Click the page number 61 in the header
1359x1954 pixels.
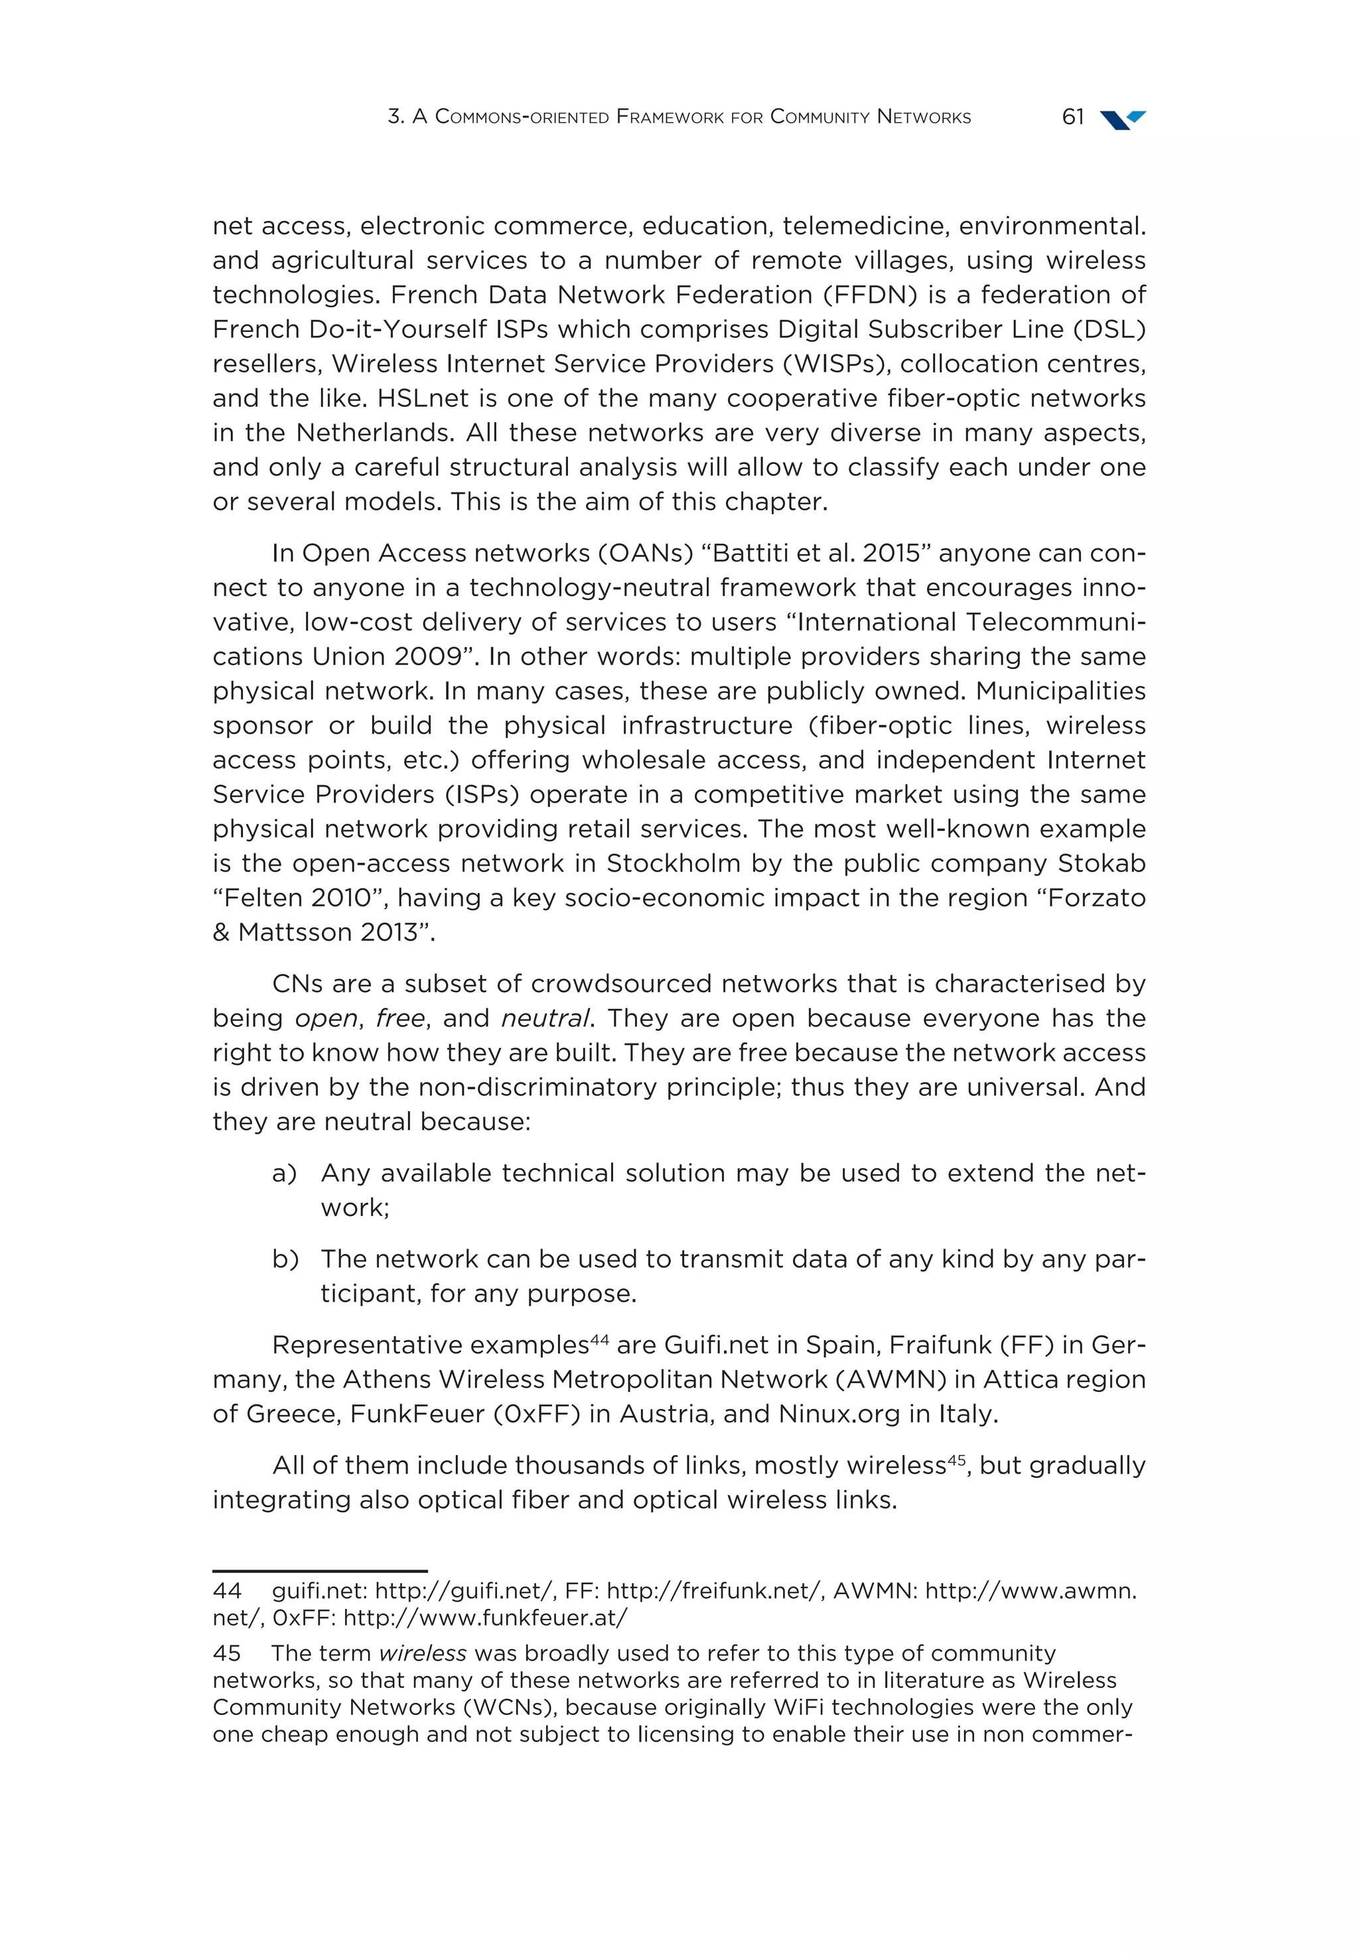pyautogui.click(x=1072, y=117)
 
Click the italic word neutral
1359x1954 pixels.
pyautogui.click(x=545, y=1019)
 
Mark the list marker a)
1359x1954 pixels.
pyautogui.click(x=284, y=1173)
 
